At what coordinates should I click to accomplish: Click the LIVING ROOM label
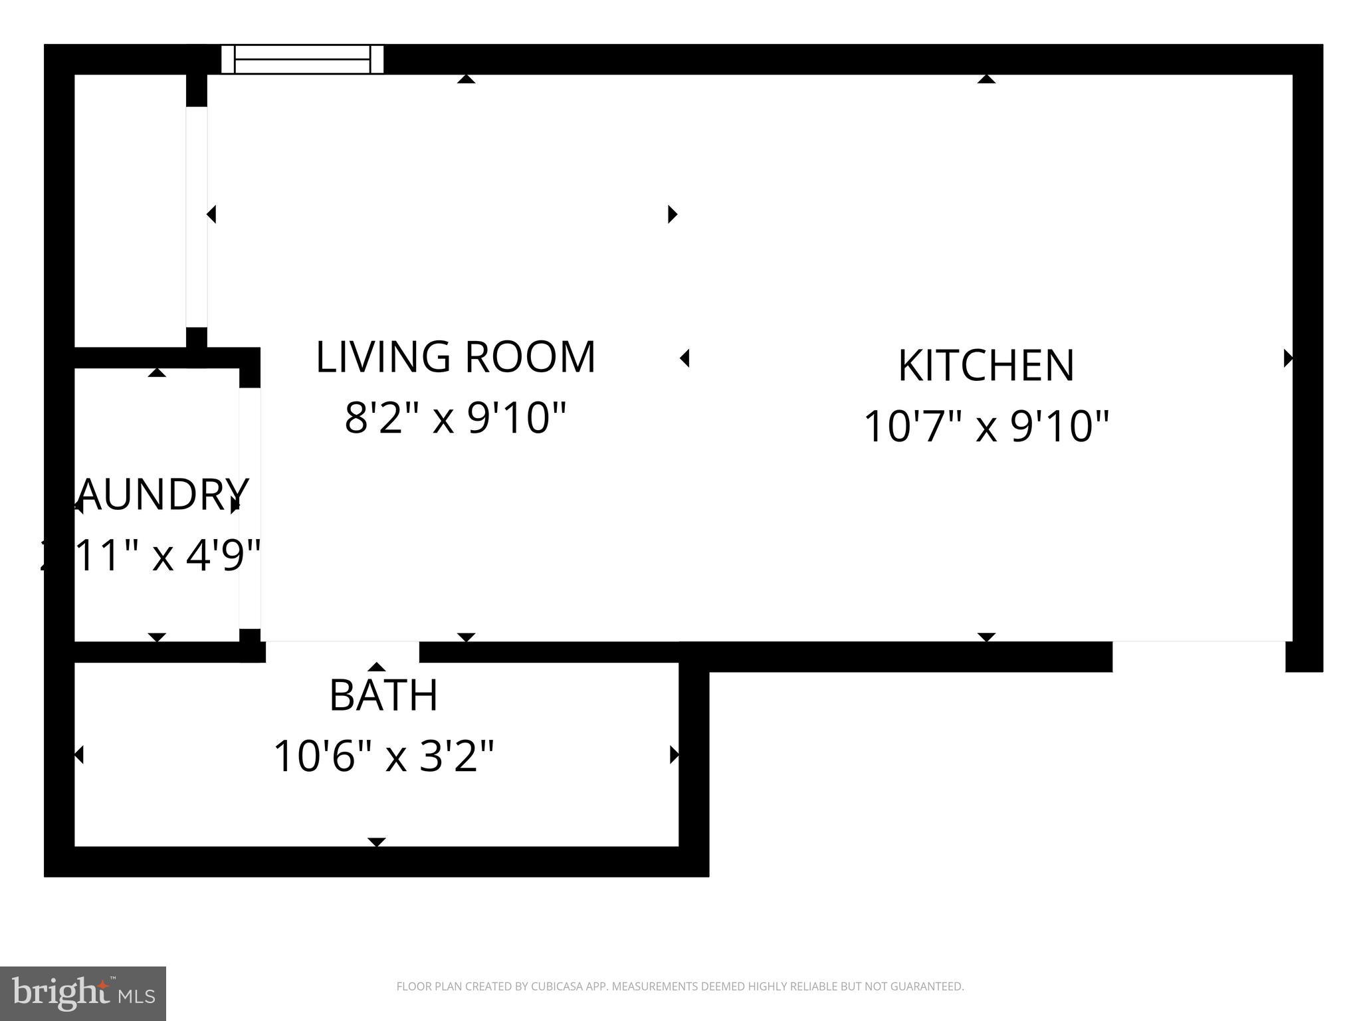[x=455, y=358]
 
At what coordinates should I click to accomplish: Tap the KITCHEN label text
[x=986, y=366]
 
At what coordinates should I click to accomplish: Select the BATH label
[x=383, y=695]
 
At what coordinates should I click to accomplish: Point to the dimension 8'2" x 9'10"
[x=455, y=419]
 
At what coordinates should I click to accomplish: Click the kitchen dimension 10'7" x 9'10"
[x=986, y=427]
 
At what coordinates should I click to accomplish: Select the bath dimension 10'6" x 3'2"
[x=383, y=756]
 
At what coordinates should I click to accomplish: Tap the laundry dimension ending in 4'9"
[x=153, y=556]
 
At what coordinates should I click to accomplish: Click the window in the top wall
[x=302, y=59]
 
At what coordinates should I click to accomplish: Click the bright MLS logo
[x=82, y=993]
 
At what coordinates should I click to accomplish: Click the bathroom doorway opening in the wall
[x=342, y=651]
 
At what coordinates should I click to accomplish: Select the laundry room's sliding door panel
[x=250, y=509]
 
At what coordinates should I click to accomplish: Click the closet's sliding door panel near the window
[x=197, y=217]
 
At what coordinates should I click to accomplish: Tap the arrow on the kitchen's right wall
[x=1287, y=358]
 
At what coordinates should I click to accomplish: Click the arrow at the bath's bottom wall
[x=377, y=842]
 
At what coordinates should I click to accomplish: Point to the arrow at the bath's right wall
[x=674, y=754]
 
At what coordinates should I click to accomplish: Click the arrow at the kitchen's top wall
[x=986, y=79]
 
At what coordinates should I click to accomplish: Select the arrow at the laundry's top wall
[x=157, y=373]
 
